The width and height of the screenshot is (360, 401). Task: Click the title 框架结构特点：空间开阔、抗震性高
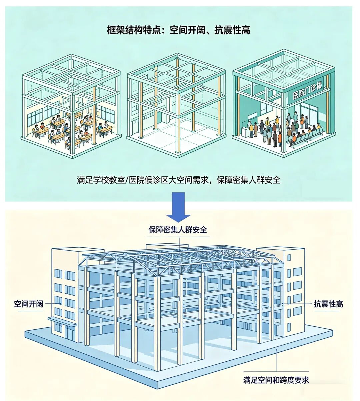[178, 30]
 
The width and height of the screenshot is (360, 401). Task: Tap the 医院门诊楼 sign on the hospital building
[307, 90]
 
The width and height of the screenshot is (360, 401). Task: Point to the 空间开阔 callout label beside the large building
[29, 304]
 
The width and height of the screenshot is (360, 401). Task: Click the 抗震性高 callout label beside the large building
[328, 304]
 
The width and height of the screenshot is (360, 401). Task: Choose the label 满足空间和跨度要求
[276, 380]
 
